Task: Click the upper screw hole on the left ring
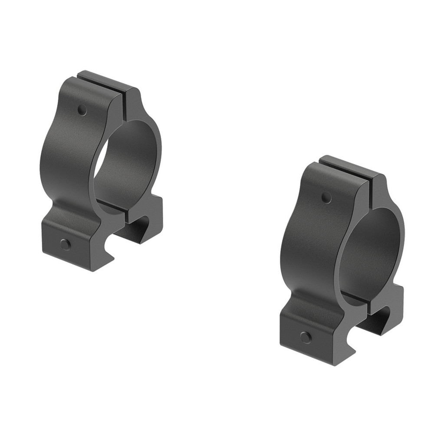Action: tap(82, 111)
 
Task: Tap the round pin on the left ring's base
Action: tap(65, 244)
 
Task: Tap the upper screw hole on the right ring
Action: tap(326, 198)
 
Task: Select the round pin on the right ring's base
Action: tap(306, 337)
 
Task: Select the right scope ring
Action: tap(343, 260)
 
